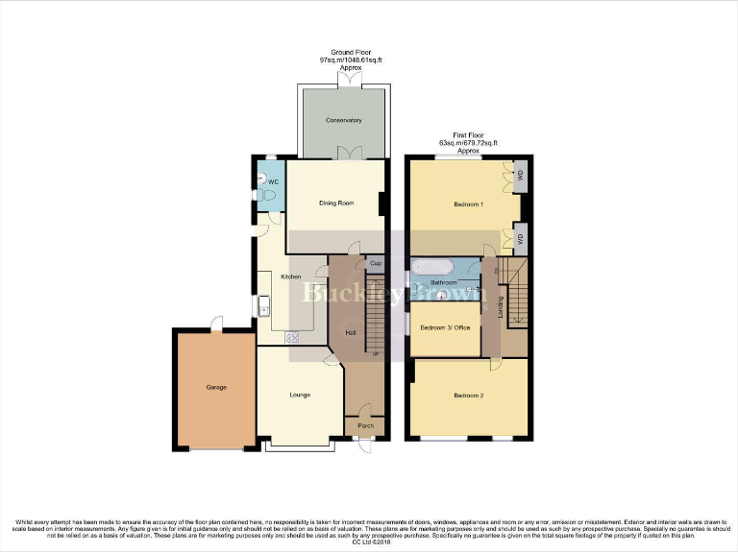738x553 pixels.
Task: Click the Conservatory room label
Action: [x=343, y=120]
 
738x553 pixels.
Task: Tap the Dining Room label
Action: [x=337, y=203]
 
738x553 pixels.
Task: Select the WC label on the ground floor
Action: [x=273, y=181]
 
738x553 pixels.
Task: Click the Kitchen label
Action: [x=291, y=276]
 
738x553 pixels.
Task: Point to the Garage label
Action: [x=216, y=387]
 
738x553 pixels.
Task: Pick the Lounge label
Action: [x=301, y=394]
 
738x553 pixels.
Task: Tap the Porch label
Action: [x=365, y=425]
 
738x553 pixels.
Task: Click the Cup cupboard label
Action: [x=376, y=263]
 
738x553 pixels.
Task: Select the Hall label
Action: [x=352, y=333]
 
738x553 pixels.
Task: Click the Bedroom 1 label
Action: [x=468, y=204]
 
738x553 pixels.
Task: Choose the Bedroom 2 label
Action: [x=468, y=394]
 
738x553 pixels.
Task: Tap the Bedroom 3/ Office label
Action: [x=446, y=327]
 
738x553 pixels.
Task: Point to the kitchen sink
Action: [x=263, y=306]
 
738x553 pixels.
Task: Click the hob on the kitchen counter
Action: [x=292, y=337]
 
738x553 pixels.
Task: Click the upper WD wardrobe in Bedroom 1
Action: [x=520, y=175]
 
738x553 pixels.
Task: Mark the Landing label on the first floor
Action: [x=501, y=307]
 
